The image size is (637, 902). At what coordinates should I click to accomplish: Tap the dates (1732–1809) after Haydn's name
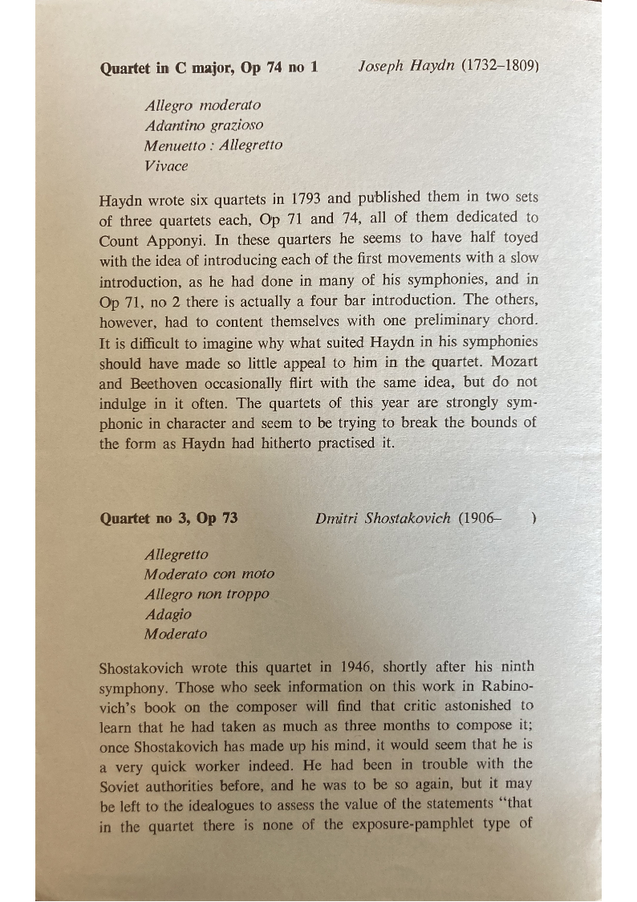pyautogui.click(x=499, y=67)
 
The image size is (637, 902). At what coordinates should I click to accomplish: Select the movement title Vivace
pyautogui.click(x=167, y=166)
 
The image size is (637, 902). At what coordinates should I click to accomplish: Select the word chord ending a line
pyautogui.click(x=518, y=320)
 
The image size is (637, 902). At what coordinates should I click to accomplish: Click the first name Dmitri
pyautogui.click(x=337, y=518)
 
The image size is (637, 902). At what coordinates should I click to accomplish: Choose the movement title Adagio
pyautogui.click(x=168, y=614)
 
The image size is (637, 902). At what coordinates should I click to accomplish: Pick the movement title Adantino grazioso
pyautogui.click(x=205, y=125)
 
